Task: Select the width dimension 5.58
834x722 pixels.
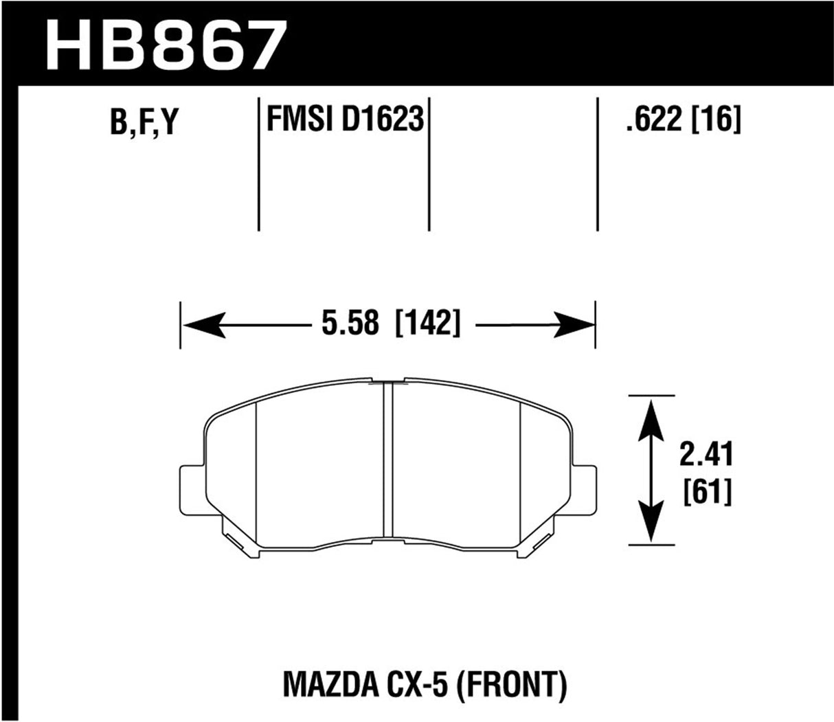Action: [x=348, y=324]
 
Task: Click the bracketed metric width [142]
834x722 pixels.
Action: [x=427, y=324]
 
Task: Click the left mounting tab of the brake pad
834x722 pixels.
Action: [x=192, y=490]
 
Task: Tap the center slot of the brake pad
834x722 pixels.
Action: [x=387, y=460]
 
